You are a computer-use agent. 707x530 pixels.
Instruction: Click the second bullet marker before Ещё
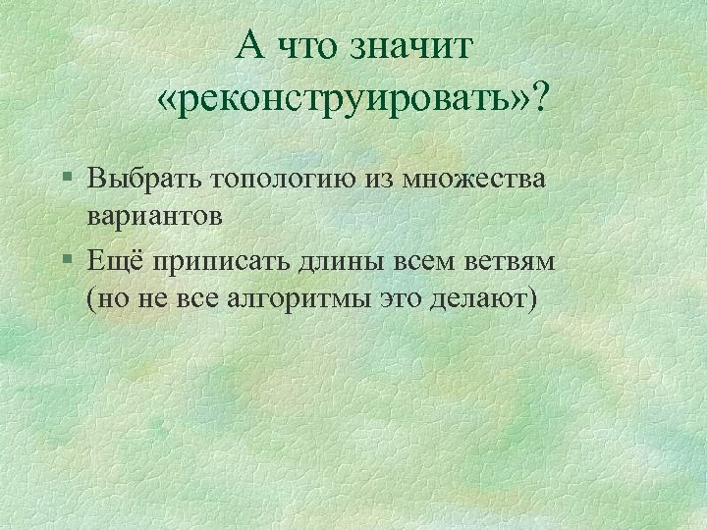[x=66, y=262]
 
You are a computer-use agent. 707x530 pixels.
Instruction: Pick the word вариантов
[x=155, y=214]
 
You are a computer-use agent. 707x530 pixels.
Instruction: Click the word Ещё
[x=113, y=262]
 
